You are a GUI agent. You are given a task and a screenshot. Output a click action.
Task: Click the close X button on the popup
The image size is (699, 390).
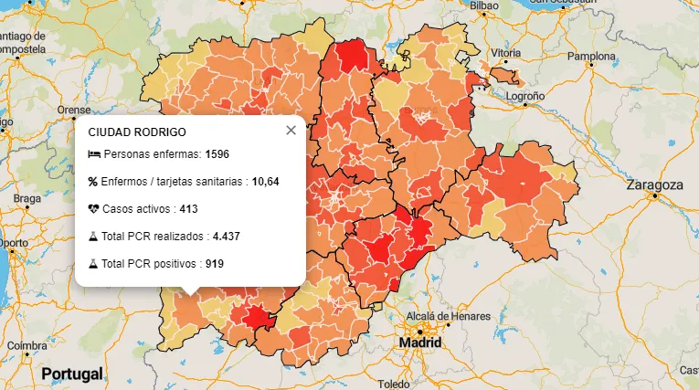click(291, 130)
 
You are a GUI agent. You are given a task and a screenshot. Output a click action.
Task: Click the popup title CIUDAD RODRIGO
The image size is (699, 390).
click(136, 132)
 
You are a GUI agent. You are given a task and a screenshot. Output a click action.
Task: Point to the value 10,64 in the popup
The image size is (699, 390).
click(265, 182)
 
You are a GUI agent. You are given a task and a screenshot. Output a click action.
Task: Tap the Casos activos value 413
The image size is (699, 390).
click(188, 209)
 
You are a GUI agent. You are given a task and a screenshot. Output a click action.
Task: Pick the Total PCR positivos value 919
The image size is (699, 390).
click(215, 264)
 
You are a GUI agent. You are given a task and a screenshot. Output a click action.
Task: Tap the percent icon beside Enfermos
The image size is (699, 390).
click(93, 182)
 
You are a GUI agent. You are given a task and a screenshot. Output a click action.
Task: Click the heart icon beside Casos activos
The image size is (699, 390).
click(93, 209)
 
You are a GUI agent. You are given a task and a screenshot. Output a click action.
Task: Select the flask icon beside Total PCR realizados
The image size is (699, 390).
click(93, 237)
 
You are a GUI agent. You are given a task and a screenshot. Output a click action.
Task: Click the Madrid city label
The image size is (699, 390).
click(419, 343)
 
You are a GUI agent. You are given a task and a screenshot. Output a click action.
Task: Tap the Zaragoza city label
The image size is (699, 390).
click(654, 184)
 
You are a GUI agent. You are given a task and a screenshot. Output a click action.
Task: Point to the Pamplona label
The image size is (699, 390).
click(592, 56)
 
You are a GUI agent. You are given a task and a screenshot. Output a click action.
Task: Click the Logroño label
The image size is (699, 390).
click(524, 96)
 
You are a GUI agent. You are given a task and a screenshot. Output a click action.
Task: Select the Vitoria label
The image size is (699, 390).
click(504, 53)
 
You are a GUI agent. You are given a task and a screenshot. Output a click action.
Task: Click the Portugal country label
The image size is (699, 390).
click(71, 374)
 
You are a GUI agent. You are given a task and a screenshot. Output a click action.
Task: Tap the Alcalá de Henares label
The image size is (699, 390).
click(448, 316)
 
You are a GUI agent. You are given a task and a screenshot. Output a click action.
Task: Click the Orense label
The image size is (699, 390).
click(74, 110)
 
